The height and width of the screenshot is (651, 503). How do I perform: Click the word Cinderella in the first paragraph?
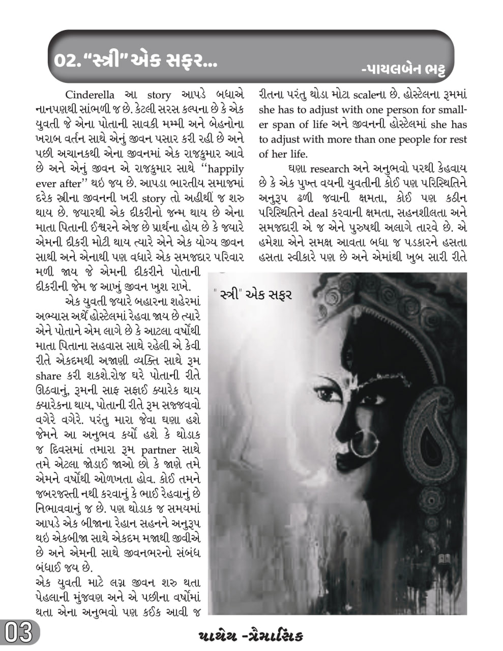click(x=90, y=95)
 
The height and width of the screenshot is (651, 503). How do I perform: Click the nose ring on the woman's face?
click(x=361, y=442)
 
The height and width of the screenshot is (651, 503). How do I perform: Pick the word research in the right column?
click(x=330, y=169)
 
